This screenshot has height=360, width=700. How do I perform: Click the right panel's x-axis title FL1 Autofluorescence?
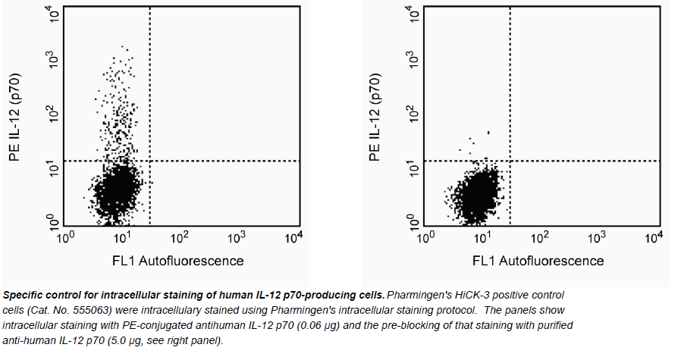[x=538, y=261]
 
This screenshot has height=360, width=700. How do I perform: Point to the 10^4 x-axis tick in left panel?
[x=293, y=237]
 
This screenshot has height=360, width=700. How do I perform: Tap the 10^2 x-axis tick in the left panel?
[x=179, y=237]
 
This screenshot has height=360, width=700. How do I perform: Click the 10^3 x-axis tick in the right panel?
[x=595, y=237]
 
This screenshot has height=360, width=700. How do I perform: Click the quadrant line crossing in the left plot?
[x=150, y=161]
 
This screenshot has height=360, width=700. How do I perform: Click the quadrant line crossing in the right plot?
[x=510, y=161]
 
